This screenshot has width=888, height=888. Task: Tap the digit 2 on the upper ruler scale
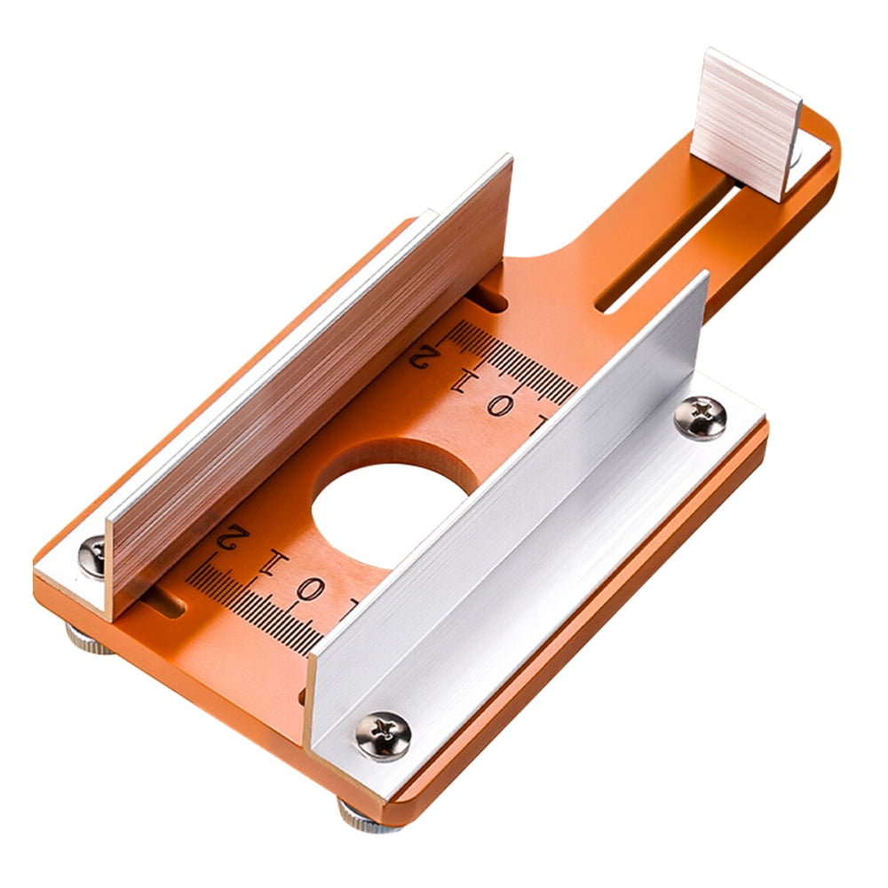[424, 357]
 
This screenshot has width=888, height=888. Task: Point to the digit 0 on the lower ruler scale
[309, 589]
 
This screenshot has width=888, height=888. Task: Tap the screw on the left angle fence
[92, 556]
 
